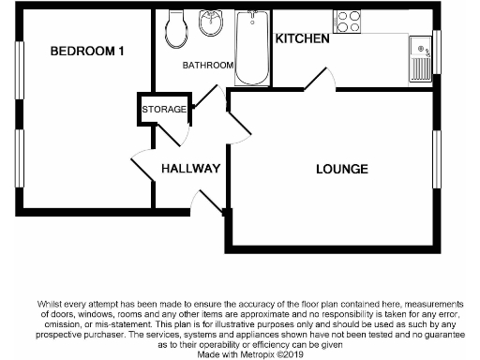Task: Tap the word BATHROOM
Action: point(207,66)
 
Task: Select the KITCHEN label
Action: point(302,38)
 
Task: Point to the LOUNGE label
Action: point(341,170)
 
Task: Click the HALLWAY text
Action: point(190,170)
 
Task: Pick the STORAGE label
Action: point(164,110)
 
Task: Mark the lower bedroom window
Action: point(18,157)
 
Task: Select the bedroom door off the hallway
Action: point(142,167)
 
